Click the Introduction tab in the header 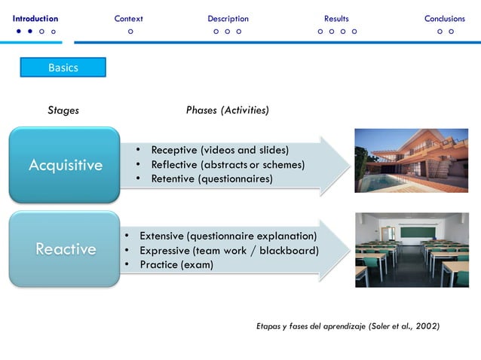point(35,18)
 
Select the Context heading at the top point(129,18)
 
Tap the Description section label point(228,18)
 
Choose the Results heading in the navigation point(336,18)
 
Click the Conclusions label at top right point(444,18)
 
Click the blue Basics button point(63,68)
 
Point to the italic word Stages point(63,111)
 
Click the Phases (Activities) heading point(227,111)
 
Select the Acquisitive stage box point(65,165)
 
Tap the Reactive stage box point(65,249)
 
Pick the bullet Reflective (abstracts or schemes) point(228,164)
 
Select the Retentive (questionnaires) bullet point(212,178)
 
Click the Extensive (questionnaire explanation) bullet point(228,235)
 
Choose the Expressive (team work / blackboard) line point(228,250)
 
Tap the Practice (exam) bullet point(176,264)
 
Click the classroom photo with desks point(412,249)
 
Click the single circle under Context point(131,32)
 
